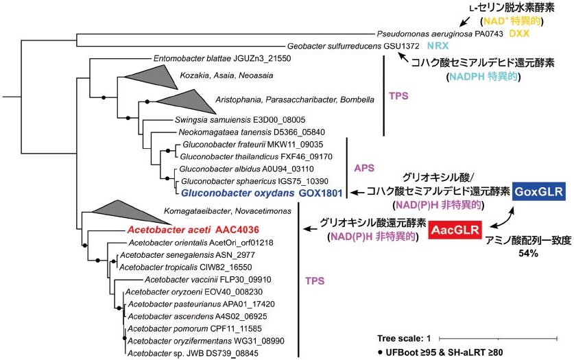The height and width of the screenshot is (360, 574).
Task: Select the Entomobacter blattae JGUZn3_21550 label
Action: tap(213, 59)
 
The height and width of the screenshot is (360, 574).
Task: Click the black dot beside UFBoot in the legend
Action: tap(381, 352)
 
